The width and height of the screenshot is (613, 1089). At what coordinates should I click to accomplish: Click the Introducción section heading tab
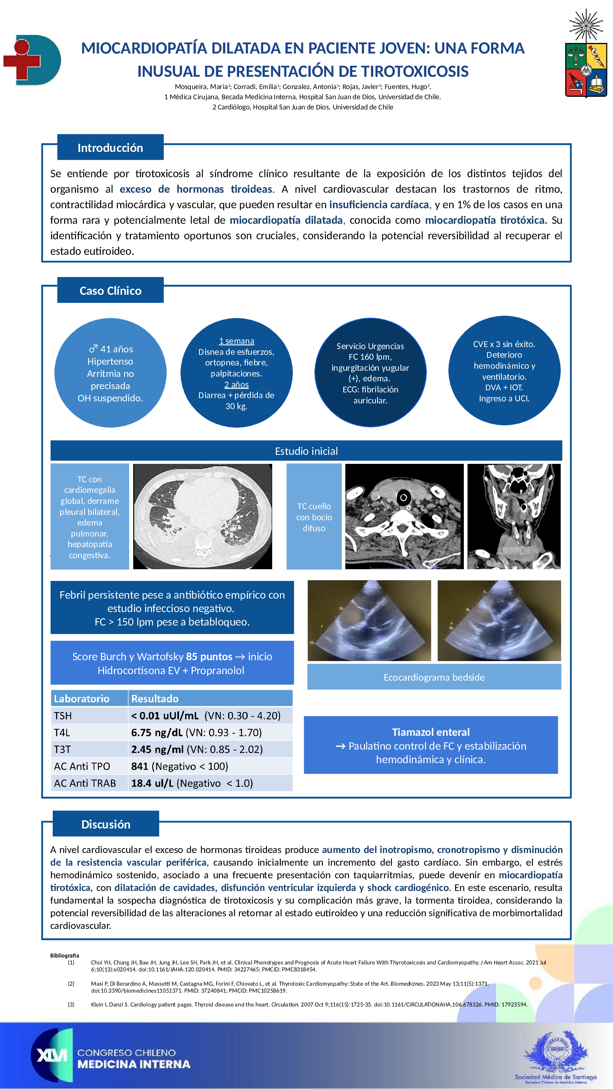[110, 147]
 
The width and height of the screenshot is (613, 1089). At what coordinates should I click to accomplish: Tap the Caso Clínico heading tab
[110, 290]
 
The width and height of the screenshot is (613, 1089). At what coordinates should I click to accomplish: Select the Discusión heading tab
[106, 824]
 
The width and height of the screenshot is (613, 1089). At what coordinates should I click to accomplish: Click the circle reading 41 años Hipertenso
[110, 373]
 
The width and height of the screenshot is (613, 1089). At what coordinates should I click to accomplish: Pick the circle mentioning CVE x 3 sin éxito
[504, 371]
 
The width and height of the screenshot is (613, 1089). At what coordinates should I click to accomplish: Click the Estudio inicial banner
[306, 451]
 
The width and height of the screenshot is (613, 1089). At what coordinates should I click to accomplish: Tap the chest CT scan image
[203, 516]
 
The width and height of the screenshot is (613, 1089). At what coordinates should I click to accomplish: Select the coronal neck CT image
[514, 516]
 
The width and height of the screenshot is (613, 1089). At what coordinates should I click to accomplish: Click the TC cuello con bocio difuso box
[314, 517]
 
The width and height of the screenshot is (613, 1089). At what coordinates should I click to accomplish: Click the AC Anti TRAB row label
[85, 783]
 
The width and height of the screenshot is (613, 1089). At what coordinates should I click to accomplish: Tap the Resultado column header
[155, 698]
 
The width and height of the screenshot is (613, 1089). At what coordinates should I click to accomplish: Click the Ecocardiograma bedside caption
[434, 677]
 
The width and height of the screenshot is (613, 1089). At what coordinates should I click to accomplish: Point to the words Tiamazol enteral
[431, 732]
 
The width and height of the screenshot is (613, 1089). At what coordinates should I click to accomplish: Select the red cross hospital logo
[32, 60]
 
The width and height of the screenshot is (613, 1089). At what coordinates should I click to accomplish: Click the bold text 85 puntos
[209, 657]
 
